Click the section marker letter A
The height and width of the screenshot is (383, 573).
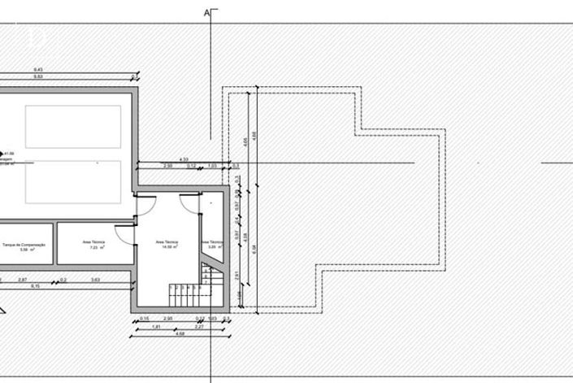click(x=207, y=12)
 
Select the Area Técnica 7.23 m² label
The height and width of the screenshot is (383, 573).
click(x=93, y=245)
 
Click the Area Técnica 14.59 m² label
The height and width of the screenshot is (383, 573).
click(x=167, y=245)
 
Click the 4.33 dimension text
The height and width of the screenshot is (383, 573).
click(x=184, y=159)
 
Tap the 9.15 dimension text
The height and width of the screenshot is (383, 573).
click(x=36, y=286)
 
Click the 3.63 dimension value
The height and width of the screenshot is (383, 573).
click(x=95, y=280)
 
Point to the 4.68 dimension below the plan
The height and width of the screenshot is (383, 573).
click(x=180, y=333)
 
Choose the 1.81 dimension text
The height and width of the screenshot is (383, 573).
click(x=156, y=326)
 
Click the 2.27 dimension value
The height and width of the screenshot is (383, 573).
click(x=199, y=326)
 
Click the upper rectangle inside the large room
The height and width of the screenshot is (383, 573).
click(x=72, y=126)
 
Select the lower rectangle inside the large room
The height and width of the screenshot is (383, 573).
click(x=72, y=182)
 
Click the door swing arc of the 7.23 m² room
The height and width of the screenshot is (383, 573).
click(x=123, y=236)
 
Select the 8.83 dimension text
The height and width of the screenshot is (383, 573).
click(x=37, y=76)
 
